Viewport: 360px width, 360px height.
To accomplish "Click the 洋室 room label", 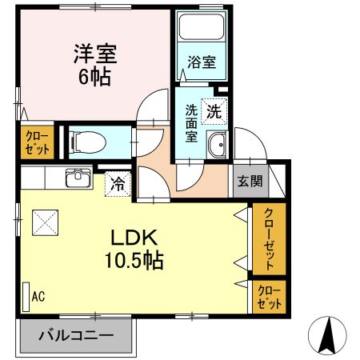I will [x=95, y=54].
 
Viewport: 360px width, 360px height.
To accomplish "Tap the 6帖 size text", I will [x=94, y=78].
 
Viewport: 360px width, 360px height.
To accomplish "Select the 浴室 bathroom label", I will [x=200, y=62].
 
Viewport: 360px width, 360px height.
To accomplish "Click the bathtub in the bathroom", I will [x=200, y=31].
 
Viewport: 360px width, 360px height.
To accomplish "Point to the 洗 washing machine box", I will [x=214, y=111].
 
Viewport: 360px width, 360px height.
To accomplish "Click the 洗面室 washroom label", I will [x=192, y=122].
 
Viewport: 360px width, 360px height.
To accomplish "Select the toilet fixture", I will [x=88, y=142].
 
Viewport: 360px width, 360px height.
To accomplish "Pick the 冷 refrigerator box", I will [x=117, y=184].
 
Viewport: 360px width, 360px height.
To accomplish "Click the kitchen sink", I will [x=78, y=177].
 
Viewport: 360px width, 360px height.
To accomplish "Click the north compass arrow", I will [x=327, y=335].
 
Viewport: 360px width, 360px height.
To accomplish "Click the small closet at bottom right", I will [x=267, y=297].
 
